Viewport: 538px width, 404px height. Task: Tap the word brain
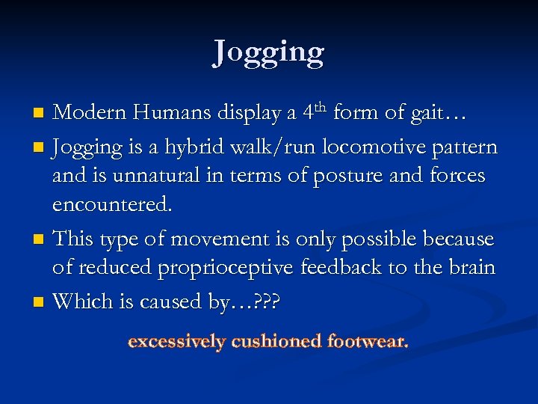coord(471,268)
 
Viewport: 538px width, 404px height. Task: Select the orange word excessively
coord(176,343)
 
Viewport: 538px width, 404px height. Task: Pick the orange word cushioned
coord(276,342)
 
